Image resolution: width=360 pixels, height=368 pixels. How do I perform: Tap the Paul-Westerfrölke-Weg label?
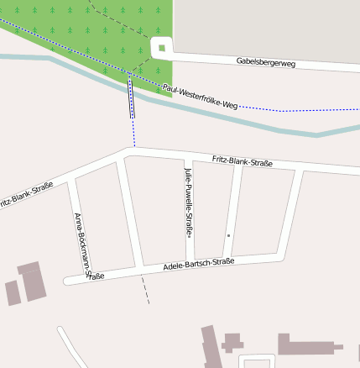point(201,97)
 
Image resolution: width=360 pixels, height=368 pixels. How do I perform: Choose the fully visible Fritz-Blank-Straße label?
point(243,160)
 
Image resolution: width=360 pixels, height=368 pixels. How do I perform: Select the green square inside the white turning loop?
point(160,48)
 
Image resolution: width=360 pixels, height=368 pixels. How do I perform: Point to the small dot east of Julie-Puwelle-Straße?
point(228,236)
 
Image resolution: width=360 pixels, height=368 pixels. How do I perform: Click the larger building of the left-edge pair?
point(33,281)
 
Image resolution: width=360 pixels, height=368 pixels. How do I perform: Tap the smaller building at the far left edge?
point(13,293)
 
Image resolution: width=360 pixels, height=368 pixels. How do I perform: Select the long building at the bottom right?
point(310,344)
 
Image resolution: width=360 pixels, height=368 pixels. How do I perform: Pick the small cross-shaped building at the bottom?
point(232,341)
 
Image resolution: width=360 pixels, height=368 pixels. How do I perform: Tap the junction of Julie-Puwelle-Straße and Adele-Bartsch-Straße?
point(190,265)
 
